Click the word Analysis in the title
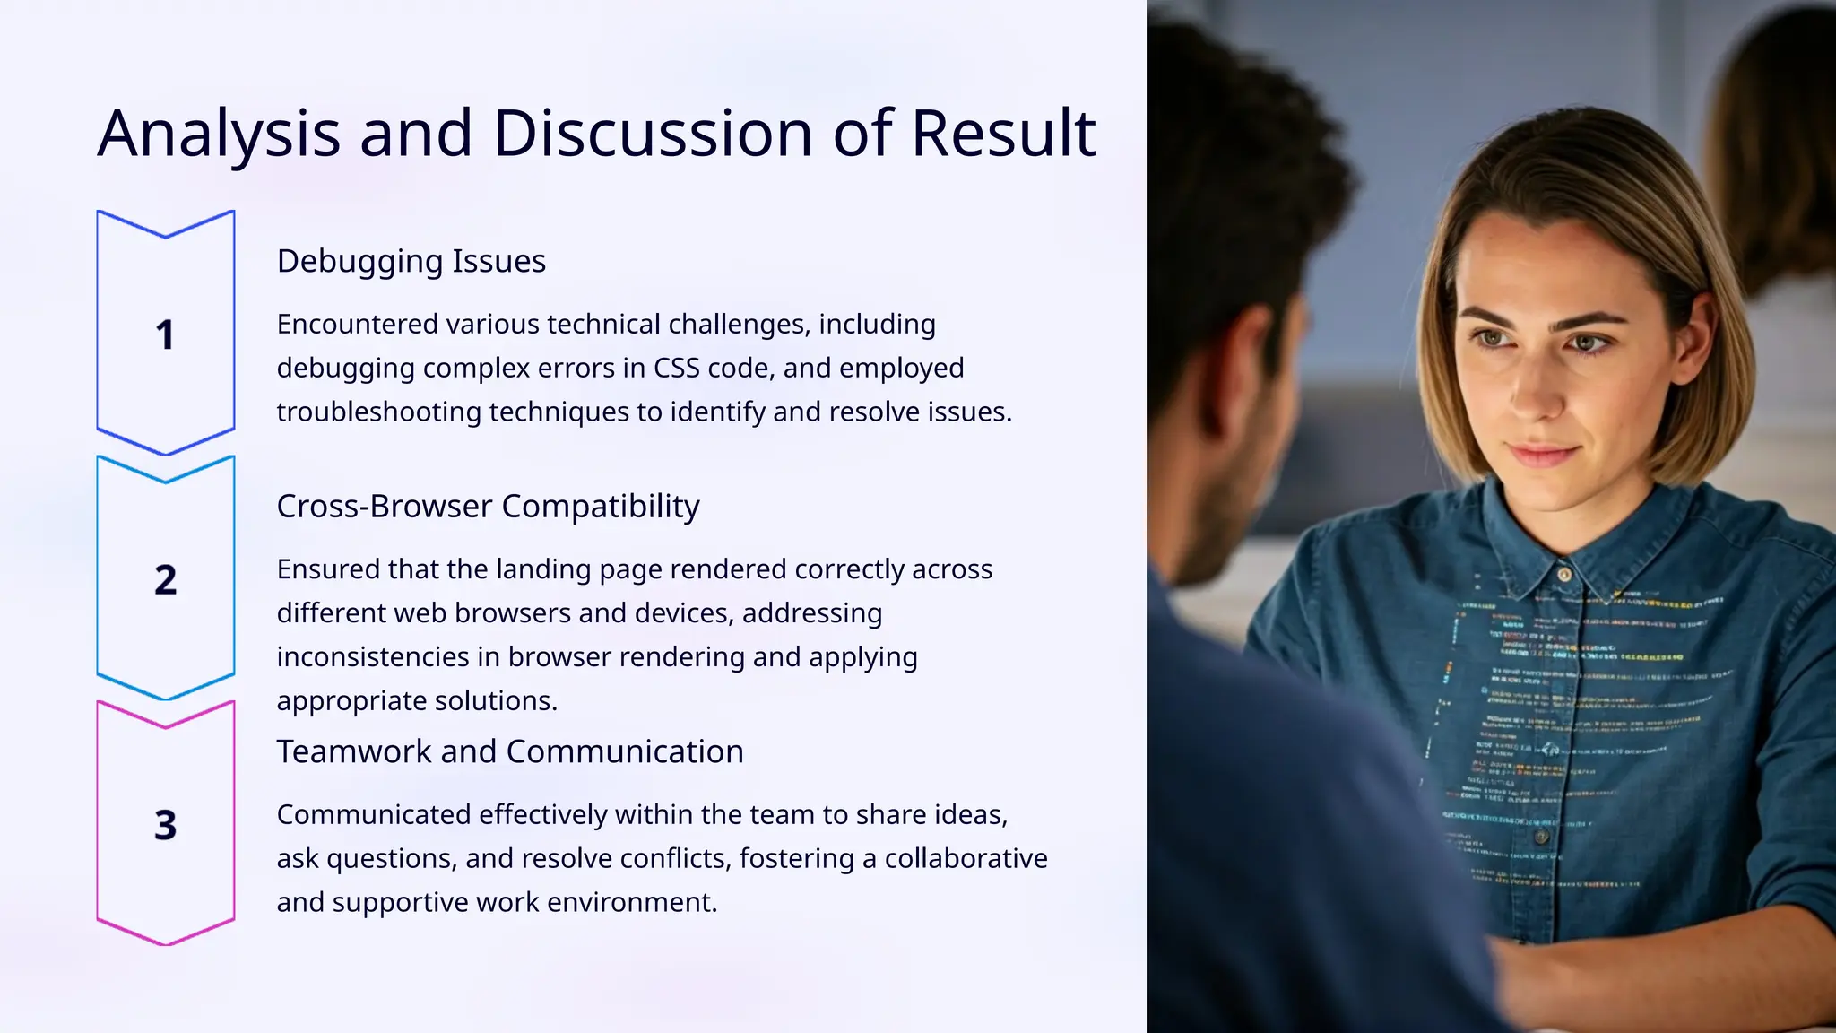219,135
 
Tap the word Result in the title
1003,135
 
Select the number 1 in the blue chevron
165,335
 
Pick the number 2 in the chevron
165,580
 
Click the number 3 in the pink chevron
165,825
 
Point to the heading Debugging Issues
411,261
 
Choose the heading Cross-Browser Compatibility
488,507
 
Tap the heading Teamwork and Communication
509,751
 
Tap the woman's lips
1541,455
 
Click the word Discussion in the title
653,135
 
